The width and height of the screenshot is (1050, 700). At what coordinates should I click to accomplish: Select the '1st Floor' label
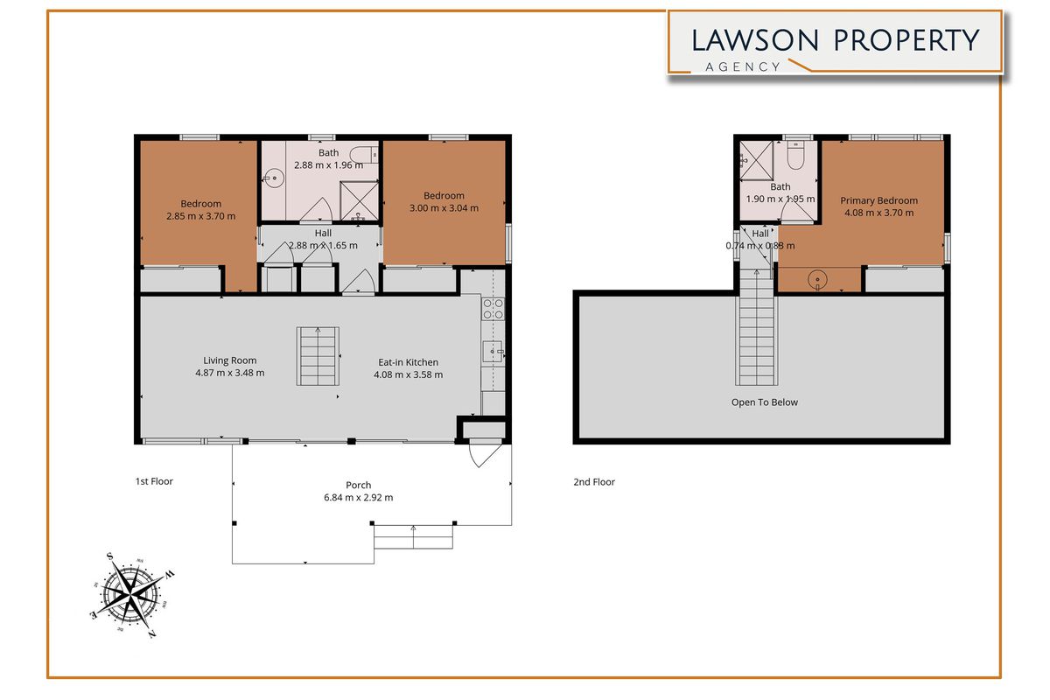coord(154,481)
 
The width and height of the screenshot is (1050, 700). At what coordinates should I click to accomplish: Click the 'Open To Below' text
coord(765,402)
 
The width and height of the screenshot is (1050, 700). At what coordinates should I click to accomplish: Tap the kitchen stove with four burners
coord(493,308)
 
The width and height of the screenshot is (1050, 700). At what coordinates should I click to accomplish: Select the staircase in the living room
coord(318,357)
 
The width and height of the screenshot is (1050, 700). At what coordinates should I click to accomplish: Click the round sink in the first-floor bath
coord(274,178)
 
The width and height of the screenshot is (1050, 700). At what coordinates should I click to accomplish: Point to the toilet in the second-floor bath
coord(795,157)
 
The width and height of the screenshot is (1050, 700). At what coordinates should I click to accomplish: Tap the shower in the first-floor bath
coord(357,200)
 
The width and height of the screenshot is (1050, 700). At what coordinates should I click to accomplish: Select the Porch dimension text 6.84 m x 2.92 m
coord(358,498)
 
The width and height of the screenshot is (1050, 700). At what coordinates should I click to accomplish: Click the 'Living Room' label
coord(230,360)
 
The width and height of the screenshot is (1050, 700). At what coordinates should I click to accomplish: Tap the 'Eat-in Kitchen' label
coord(408,362)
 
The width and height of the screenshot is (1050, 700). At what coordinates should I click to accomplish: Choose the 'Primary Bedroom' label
coord(878,200)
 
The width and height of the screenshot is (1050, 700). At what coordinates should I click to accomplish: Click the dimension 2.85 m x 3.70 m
coord(200,216)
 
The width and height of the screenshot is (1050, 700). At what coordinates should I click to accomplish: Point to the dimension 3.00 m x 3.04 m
coord(444,208)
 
